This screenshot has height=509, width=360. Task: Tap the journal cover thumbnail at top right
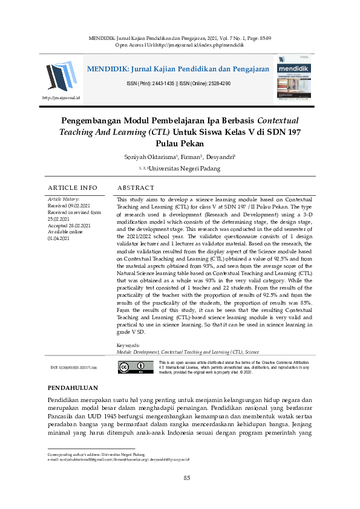(x=296, y=77)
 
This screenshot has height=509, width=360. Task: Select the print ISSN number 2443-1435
(x=157, y=83)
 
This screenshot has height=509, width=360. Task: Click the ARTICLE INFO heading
(x=72, y=188)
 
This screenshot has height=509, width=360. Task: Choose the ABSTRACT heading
(x=136, y=188)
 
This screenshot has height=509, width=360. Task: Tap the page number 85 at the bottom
(x=187, y=479)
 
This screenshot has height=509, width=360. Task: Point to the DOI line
(x=77, y=367)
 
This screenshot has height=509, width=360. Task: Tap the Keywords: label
(x=128, y=345)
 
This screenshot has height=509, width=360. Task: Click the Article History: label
(x=64, y=199)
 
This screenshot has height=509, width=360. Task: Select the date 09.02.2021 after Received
(x=79, y=206)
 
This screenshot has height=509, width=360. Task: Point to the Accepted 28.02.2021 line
(x=67, y=225)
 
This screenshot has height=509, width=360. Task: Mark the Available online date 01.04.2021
(x=59, y=239)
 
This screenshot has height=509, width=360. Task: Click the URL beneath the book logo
(x=61, y=97)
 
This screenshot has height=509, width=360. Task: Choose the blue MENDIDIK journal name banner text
(x=178, y=69)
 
